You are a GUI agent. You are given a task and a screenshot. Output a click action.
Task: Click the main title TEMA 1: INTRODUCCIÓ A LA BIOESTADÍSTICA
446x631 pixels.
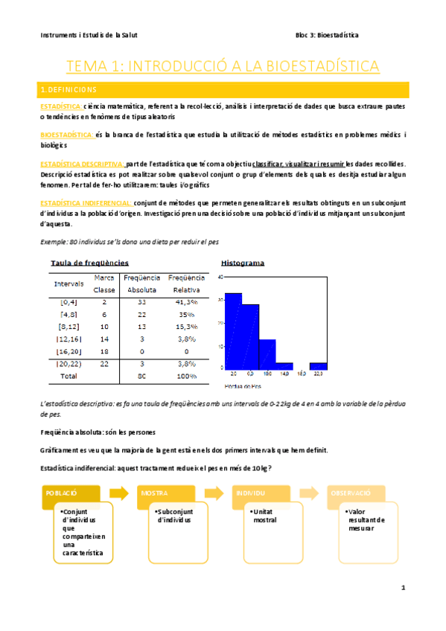223,66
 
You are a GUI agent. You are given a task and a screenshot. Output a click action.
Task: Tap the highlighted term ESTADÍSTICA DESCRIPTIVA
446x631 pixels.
82,163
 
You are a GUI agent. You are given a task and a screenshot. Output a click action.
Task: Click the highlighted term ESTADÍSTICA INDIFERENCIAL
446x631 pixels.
86,202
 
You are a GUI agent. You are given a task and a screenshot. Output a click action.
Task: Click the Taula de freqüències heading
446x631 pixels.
89,263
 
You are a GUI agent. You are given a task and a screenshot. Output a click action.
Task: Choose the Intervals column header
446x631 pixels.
69,284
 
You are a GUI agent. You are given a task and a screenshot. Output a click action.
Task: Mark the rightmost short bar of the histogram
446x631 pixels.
318,365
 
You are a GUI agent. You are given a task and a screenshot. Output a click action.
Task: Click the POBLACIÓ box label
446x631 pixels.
61,493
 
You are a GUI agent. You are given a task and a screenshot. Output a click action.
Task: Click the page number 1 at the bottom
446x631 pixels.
403,589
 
